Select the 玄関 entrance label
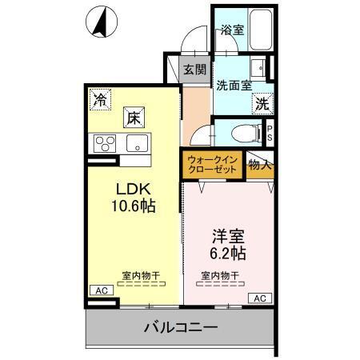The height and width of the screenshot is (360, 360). (194, 70)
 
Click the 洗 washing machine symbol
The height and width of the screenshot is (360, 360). (262, 102)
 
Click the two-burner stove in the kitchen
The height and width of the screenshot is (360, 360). (104, 144)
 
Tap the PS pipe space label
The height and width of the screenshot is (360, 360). (270, 133)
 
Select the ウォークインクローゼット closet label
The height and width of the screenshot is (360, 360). (211, 165)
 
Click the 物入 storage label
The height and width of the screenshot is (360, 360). (260, 166)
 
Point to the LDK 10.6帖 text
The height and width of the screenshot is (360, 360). (131, 198)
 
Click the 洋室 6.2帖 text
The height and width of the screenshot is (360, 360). (228, 244)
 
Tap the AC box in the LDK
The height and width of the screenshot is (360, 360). (101, 290)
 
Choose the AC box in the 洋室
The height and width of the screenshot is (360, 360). (259, 298)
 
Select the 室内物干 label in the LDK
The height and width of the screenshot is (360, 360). (141, 276)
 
